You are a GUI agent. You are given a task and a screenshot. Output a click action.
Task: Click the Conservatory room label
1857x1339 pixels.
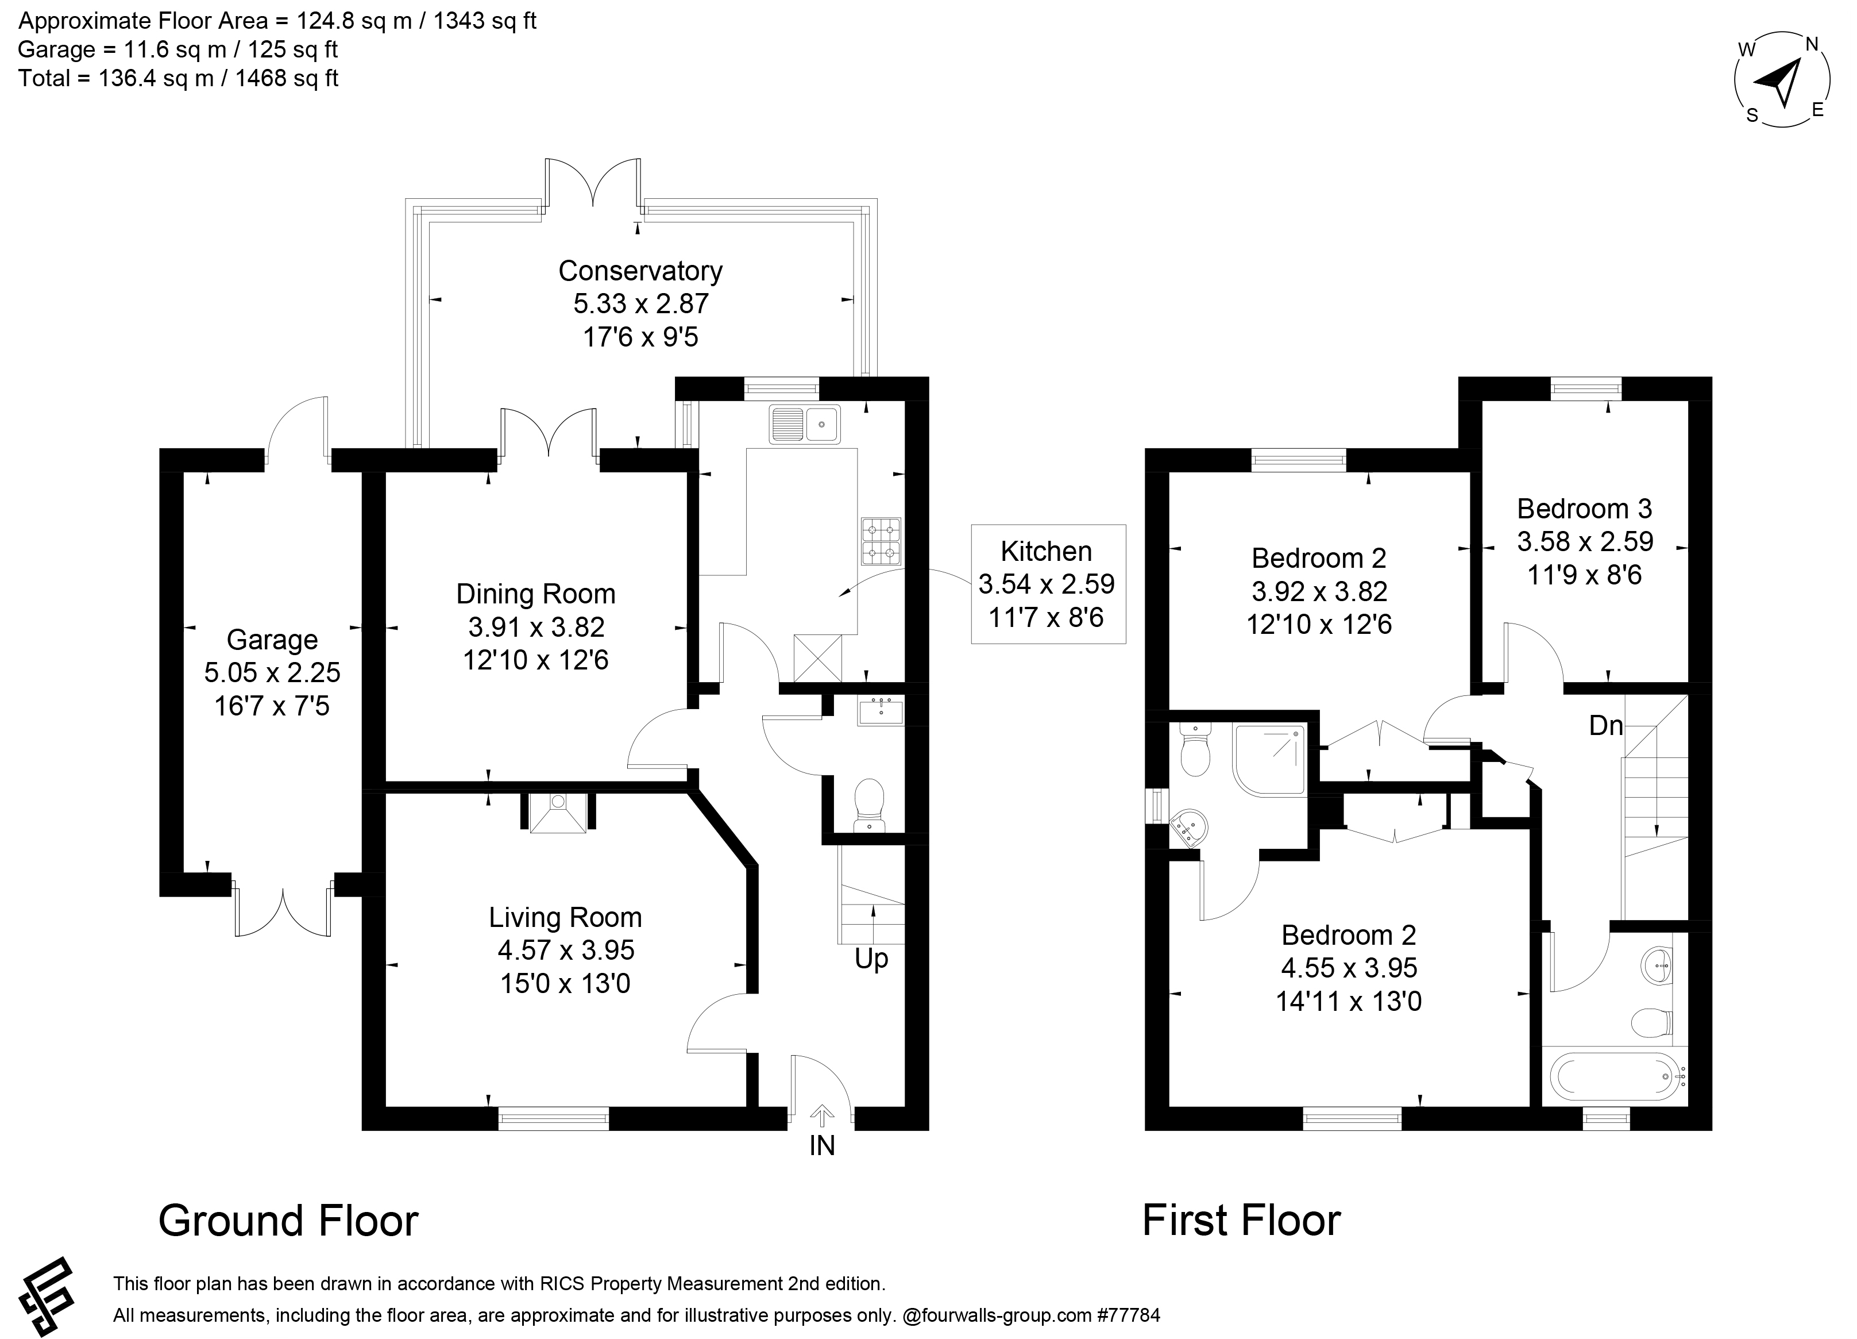(640, 271)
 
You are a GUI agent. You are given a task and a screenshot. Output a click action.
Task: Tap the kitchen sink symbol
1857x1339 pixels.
(804, 424)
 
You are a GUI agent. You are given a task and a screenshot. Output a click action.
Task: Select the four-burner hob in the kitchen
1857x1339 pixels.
(881, 541)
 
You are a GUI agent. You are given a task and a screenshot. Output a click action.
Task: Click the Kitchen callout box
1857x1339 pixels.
(1048, 584)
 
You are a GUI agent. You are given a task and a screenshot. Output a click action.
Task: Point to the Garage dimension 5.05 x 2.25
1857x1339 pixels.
(272, 672)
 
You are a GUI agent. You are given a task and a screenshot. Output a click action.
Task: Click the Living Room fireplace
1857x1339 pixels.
(558, 813)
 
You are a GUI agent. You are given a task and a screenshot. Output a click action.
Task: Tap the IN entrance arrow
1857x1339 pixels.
(822, 1115)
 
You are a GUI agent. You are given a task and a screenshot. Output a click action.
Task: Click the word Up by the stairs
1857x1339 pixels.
(871, 959)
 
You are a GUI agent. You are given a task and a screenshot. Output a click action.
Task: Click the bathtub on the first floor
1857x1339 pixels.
(1612, 1075)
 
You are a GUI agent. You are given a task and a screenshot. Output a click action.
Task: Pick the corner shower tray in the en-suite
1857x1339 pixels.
(1270, 760)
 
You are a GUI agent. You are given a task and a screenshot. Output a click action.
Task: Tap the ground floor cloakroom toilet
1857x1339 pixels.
(868, 804)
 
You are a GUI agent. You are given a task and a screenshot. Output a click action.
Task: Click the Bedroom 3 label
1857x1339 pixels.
(1584, 509)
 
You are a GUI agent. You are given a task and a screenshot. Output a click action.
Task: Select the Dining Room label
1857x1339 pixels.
(535, 594)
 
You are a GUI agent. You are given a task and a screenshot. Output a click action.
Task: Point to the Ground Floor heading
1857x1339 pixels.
(288, 1220)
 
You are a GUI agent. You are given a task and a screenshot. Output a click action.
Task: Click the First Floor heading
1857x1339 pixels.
(1241, 1220)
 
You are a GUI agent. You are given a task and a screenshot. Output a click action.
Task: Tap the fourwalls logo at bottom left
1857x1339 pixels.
(47, 1295)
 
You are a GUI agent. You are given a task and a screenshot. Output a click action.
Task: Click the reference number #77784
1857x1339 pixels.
(1128, 1315)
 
